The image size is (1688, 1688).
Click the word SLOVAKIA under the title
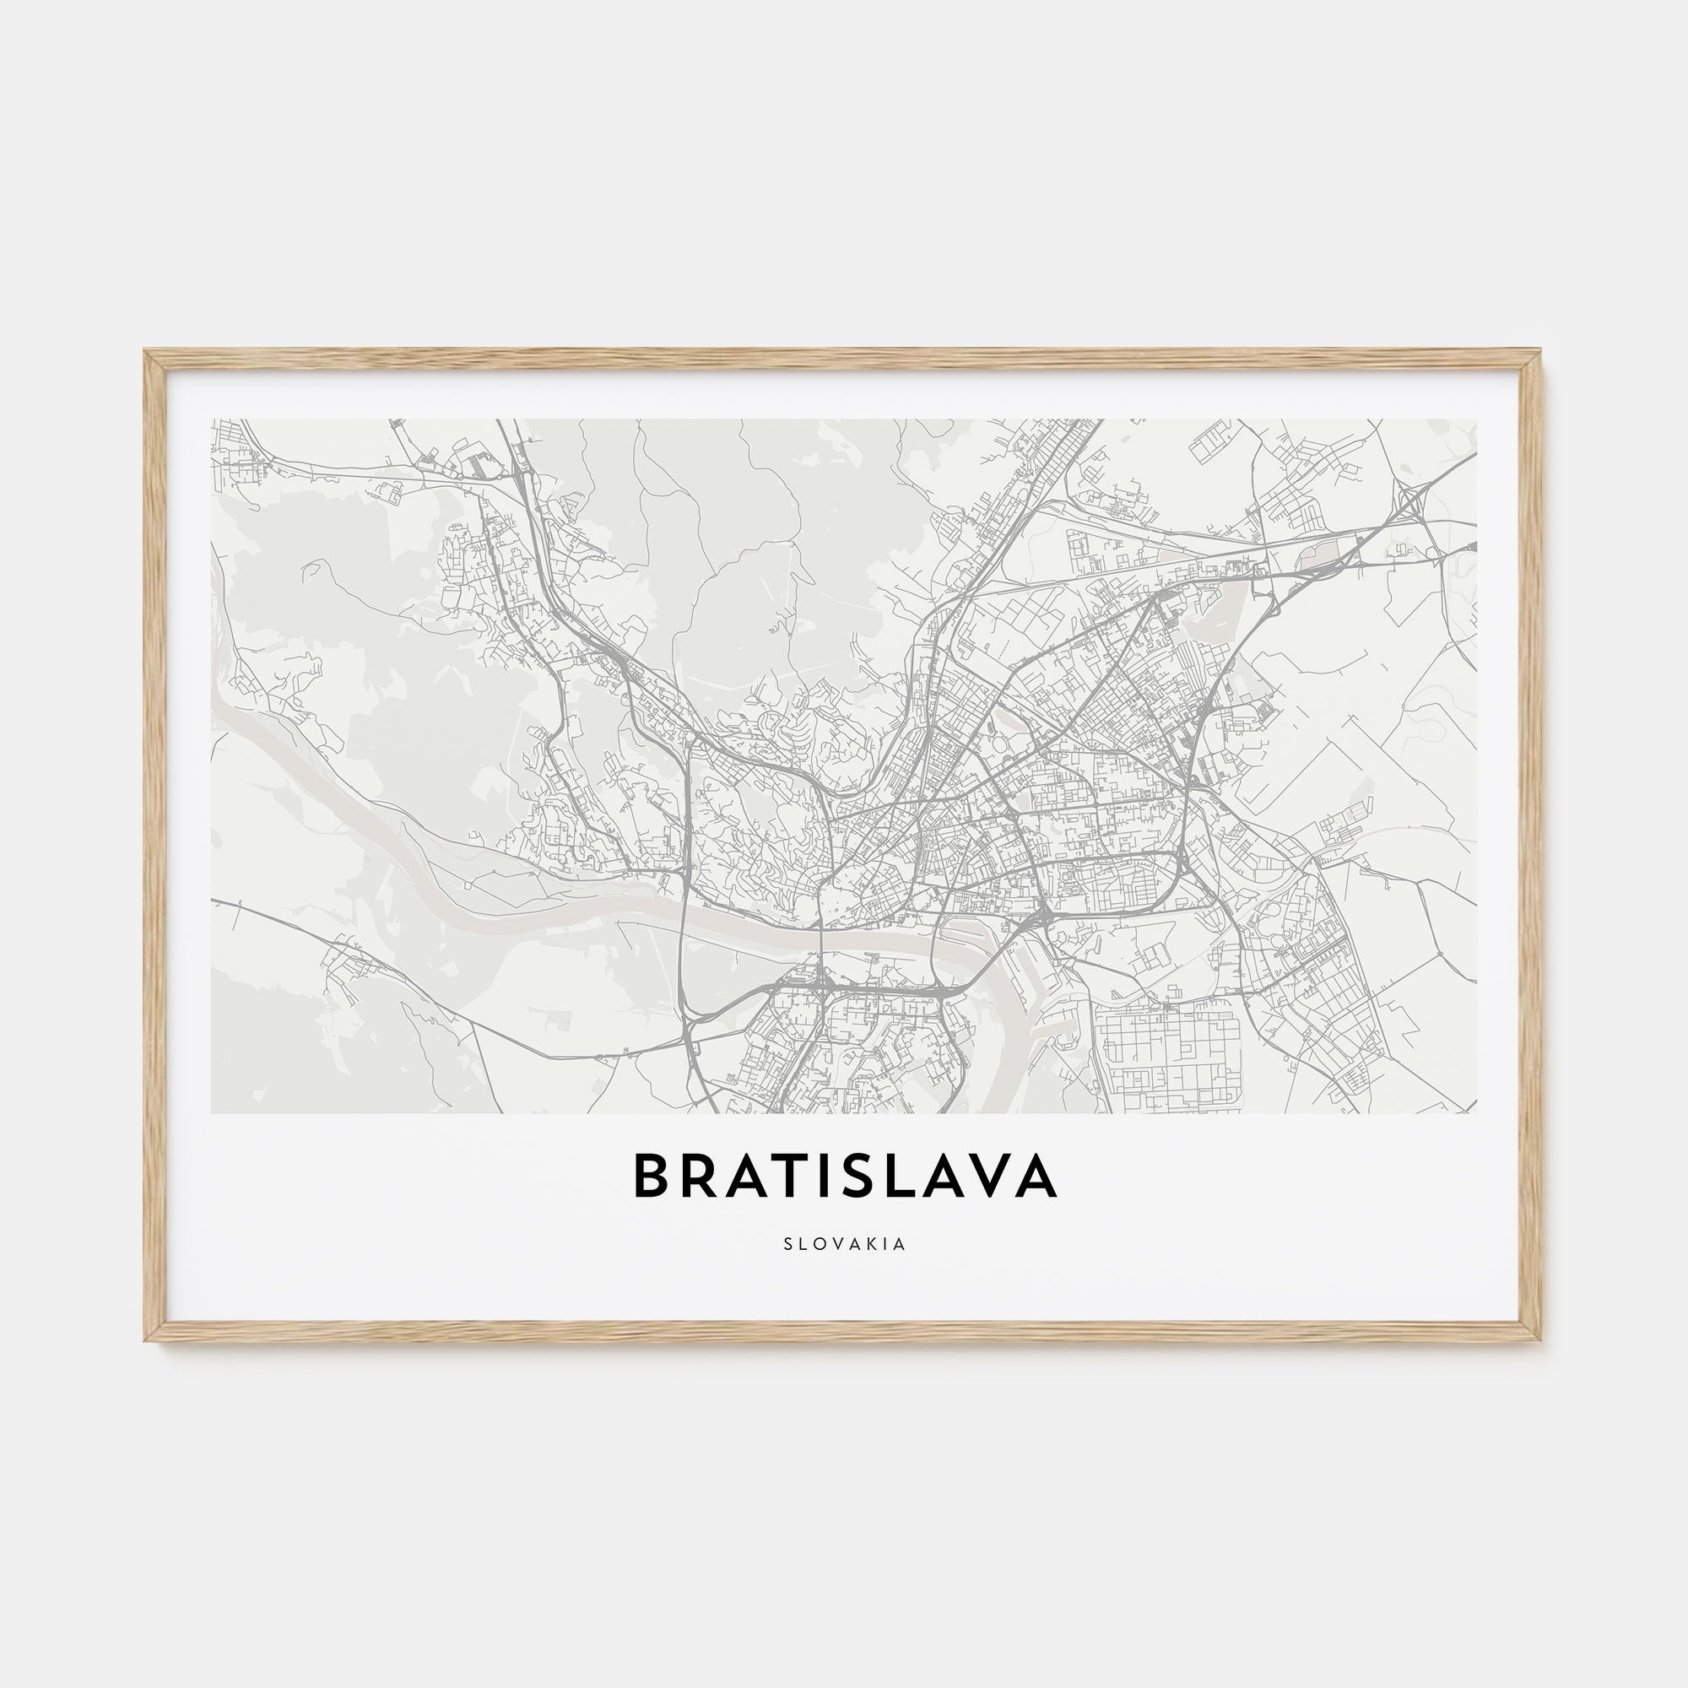tap(844, 1244)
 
